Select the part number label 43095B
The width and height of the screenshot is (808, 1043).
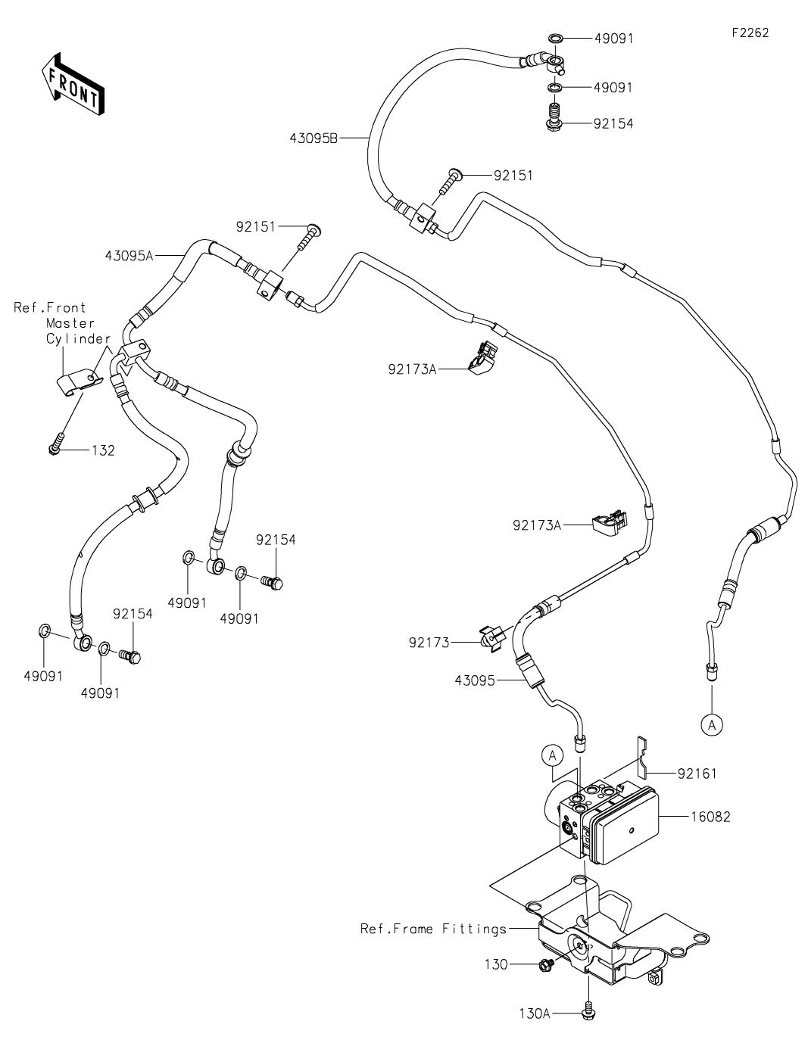314,138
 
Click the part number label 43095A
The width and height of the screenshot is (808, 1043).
129,256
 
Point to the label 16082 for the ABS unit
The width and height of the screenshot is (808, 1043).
710,817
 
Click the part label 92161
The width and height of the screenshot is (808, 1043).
697,774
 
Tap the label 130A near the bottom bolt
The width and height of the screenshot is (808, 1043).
534,1013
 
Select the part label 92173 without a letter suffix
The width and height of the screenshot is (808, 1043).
429,643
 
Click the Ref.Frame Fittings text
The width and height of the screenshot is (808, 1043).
433,929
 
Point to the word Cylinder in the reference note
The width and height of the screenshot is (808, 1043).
79,338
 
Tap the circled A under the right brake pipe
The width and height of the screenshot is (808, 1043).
711,724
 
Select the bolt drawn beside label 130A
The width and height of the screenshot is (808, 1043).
588,1010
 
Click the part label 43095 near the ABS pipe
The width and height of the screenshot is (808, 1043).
475,680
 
